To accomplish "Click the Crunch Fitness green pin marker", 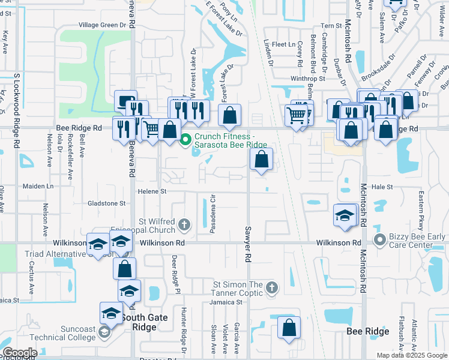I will pos(185,140).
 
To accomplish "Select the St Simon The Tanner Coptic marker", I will pos(271,287).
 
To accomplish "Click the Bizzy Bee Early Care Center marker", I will pos(379,241).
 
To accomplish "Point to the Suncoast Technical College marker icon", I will pos(104,332).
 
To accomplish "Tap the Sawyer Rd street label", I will pos(247,244).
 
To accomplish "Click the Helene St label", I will pos(154,191).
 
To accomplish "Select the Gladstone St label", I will pos(106,203).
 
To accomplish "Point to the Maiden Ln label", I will pos(38,187).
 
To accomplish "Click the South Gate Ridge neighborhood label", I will pos(139,322).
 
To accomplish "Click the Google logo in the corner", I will pos(19,353).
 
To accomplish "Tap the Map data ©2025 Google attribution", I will pos(411,355).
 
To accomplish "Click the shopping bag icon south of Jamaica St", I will pos(289,328).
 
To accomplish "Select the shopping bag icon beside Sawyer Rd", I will pos(261,159).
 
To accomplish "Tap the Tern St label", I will pos(331,26).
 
